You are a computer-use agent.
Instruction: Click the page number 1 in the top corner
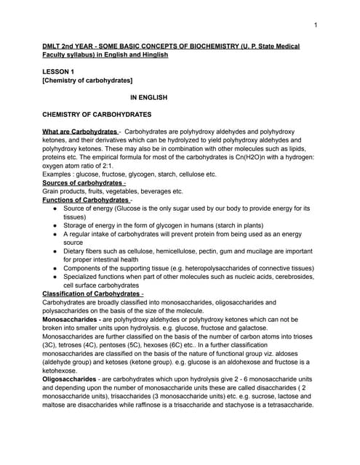tap(316, 25)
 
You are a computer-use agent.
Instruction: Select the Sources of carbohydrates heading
tap(83, 182)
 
